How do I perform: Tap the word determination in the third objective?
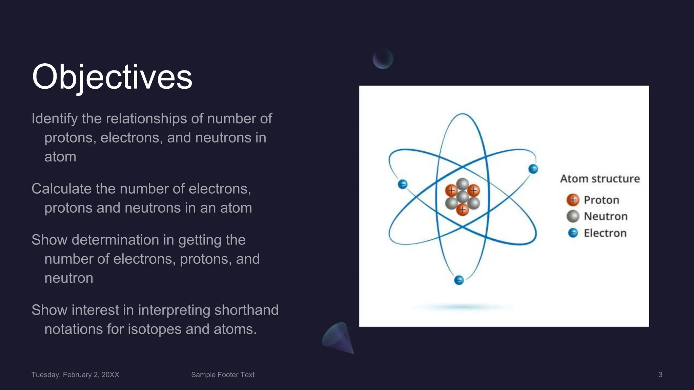point(115,240)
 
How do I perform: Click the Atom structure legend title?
point(600,179)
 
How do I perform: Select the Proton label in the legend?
point(601,200)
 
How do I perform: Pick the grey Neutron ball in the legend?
point(573,216)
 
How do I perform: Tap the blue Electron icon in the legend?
point(573,233)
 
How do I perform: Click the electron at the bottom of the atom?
point(459,280)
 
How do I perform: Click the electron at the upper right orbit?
point(533,169)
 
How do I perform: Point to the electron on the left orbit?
point(403,184)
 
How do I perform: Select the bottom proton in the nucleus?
point(462,210)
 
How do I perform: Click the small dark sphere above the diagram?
point(383,59)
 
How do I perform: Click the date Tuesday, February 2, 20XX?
point(75,375)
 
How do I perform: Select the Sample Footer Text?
point(223,375)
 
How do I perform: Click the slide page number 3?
point(660,375)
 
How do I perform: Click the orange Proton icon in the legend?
point(573,200)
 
